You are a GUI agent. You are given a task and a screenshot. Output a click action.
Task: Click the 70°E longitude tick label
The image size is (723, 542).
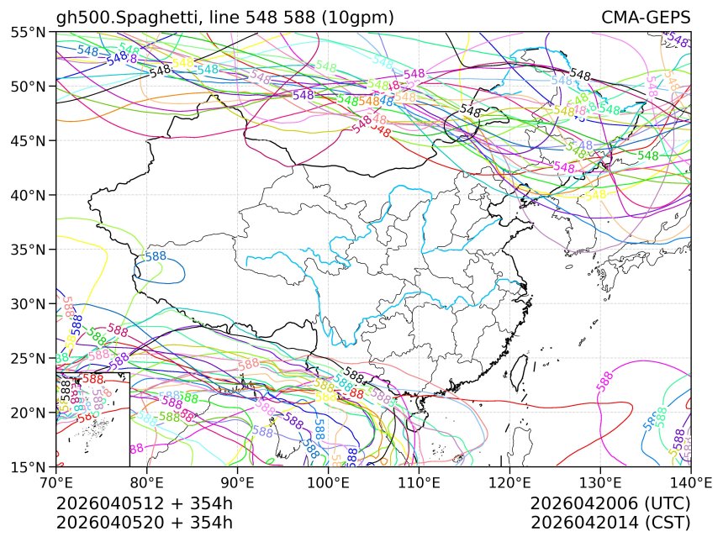pos(56,482)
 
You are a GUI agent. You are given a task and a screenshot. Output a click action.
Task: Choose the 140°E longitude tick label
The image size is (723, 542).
pos(690,482)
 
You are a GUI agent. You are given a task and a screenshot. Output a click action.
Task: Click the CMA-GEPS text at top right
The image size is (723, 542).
pos(646,18)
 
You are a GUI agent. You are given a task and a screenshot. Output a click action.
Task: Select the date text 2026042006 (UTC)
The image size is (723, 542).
pos(610,503)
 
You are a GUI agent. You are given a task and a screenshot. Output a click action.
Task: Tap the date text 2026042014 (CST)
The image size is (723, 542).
pos(610,522)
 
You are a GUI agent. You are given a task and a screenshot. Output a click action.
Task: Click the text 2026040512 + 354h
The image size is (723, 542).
pos(144,503)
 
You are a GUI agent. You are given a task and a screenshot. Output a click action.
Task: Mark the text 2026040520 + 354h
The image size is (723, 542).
pos(144,522)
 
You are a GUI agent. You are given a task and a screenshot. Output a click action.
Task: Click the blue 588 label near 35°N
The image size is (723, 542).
pos(156,256)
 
